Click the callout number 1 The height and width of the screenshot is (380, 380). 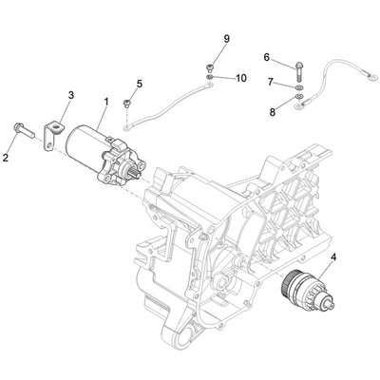coord(106,101)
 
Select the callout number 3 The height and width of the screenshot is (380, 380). coord(69,95)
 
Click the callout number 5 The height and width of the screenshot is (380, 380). coord(139,85)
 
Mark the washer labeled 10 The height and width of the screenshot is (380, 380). coord(208,78)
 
